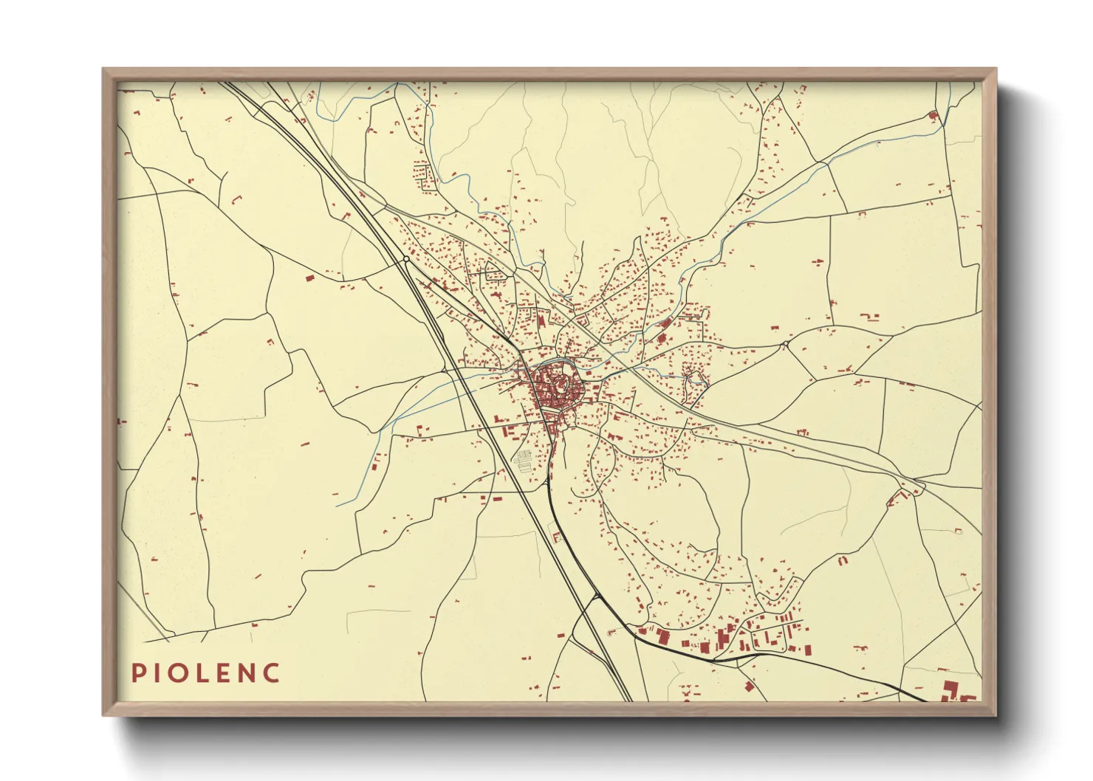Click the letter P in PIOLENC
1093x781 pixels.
coord(137,672)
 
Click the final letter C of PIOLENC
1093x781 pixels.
coord(273,672)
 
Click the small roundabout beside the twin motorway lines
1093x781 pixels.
coord(406,259)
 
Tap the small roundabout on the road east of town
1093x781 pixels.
coord(785,344)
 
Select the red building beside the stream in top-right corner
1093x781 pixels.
coord(932,115)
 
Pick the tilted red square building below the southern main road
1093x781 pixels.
coord(749,686)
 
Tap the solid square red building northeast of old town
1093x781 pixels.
coord(662,337)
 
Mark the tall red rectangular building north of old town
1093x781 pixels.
coord(541,321)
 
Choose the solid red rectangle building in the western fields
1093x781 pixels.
coord(309,278)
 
